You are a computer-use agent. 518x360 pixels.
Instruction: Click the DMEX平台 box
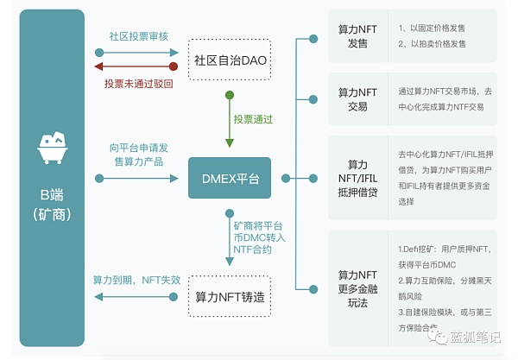tap(229, 179)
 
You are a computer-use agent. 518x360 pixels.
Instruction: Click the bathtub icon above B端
tap(54, 148)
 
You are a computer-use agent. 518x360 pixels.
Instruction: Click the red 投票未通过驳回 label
tap(138, 84)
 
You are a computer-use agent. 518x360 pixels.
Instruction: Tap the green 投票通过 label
tap(254, 117)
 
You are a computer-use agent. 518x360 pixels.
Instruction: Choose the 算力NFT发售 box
tap(357, 35)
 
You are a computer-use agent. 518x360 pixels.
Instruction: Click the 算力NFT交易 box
tap(357, 98)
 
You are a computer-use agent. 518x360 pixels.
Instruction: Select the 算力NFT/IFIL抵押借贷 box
tap(357, 177)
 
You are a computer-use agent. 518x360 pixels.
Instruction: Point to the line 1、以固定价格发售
tap(433, 28)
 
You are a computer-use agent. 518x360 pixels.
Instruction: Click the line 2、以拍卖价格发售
tap(433, 44)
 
